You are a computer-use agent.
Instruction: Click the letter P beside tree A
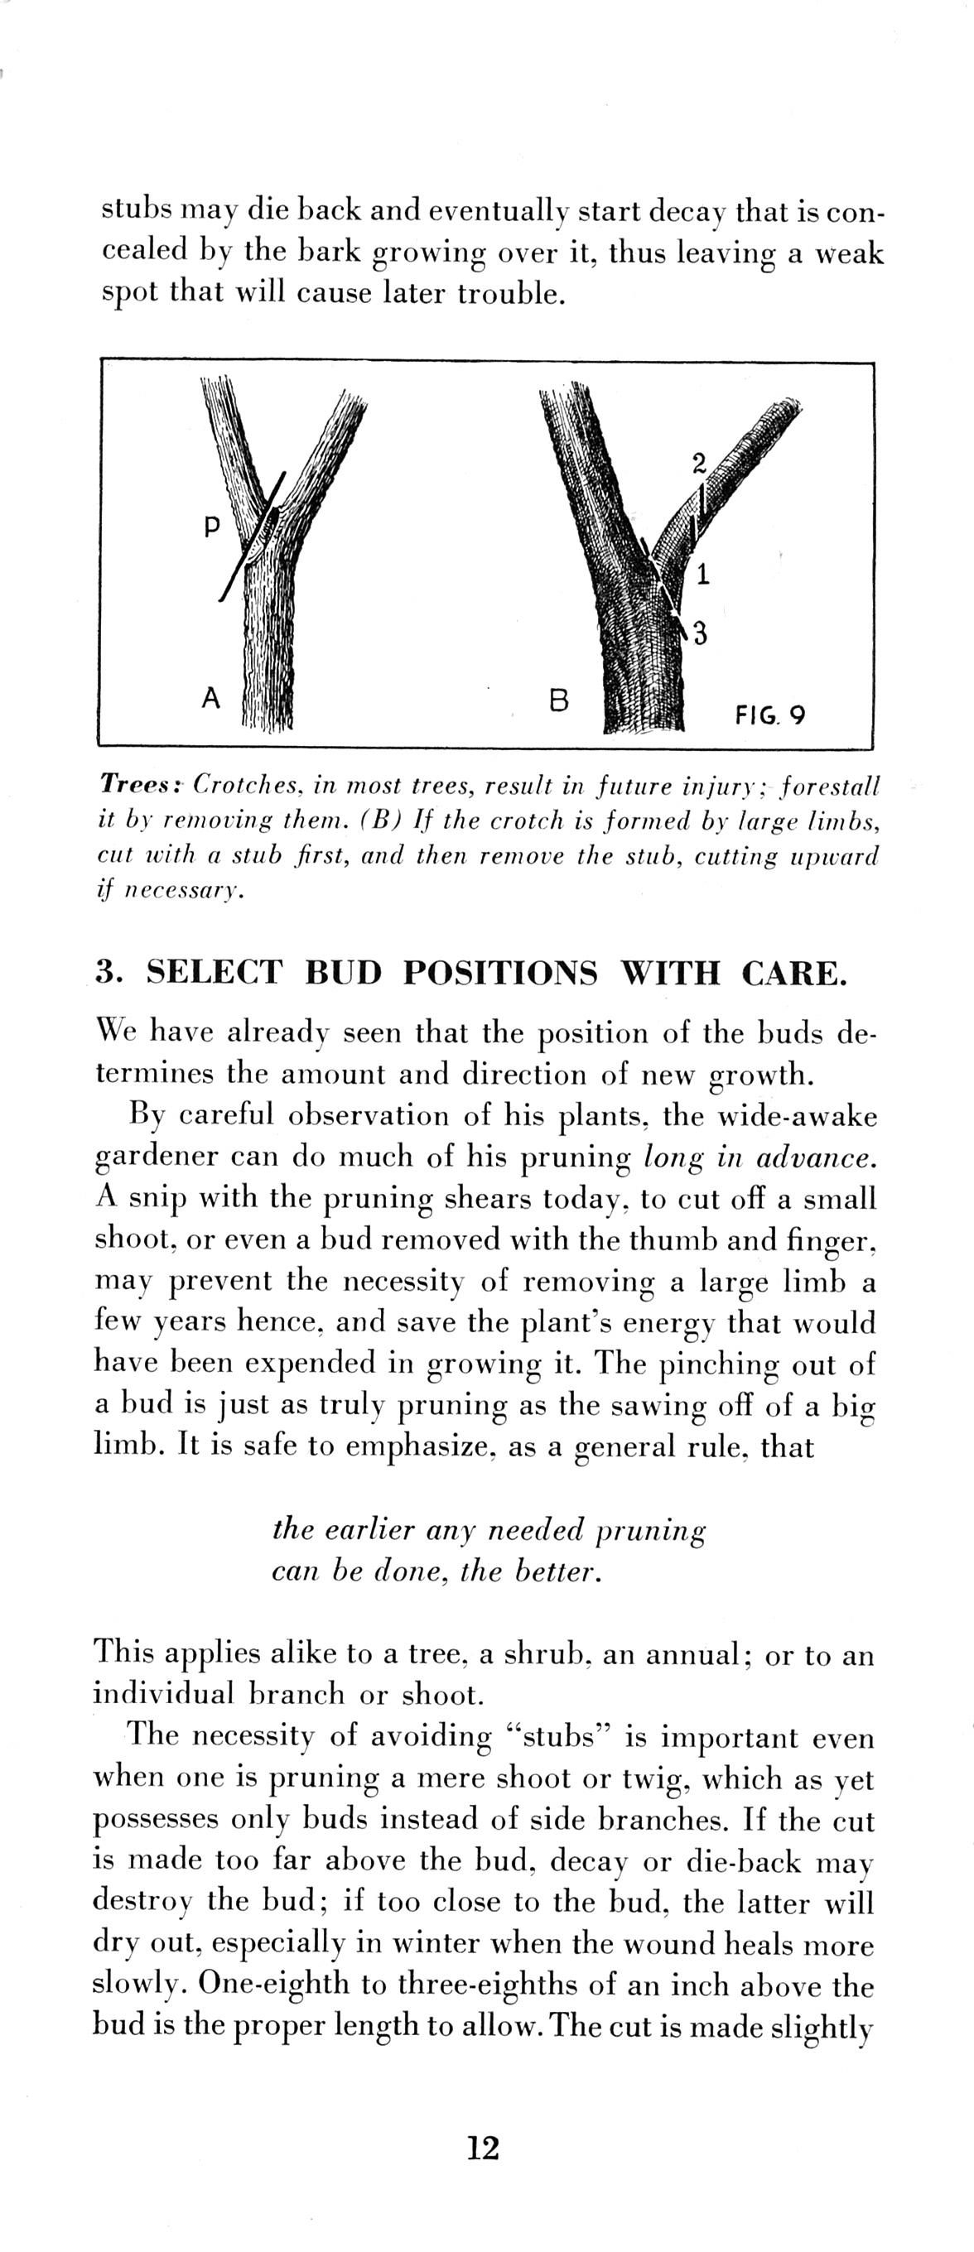210,527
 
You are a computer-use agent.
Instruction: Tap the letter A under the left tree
210,698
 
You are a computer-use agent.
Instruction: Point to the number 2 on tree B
697,464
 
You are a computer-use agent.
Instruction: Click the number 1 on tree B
703,575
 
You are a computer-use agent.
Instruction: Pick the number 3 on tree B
700,633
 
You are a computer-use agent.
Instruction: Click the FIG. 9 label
769,716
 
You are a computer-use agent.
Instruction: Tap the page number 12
483,2146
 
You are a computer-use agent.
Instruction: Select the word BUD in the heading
344,972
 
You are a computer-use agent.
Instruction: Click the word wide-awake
796,1115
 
